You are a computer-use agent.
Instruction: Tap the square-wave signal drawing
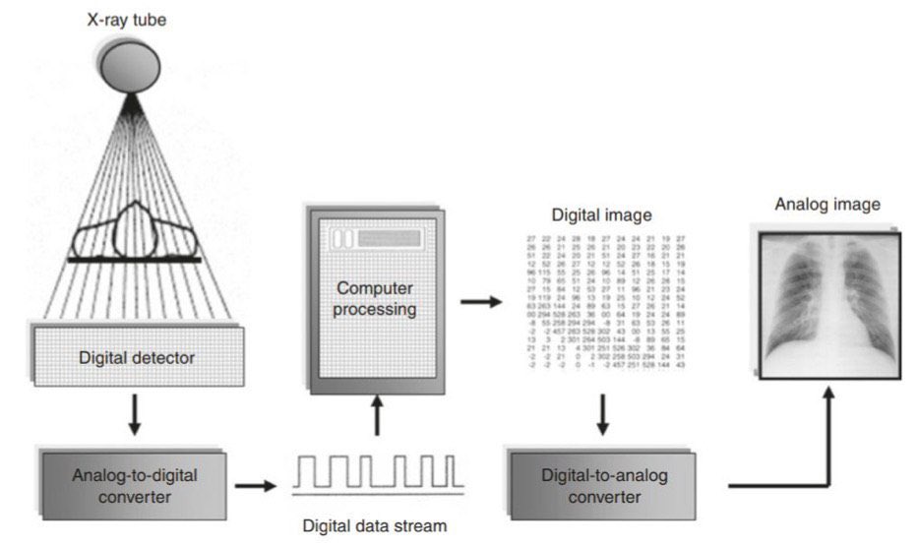(379, 474)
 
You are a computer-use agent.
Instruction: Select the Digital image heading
(601, 214)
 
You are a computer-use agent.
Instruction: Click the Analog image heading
(827, 205)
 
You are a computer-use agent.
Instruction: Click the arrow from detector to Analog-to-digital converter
(136, 416)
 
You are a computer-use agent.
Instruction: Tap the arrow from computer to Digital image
(480, 300)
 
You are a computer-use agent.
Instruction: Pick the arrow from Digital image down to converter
(602, 416)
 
